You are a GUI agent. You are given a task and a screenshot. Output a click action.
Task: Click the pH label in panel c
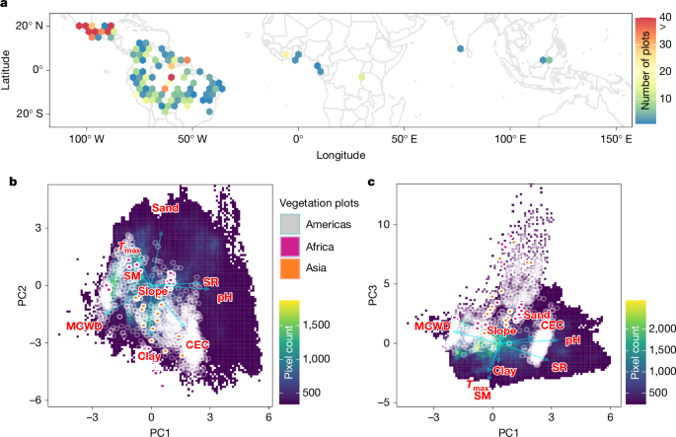click(572, 337)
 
